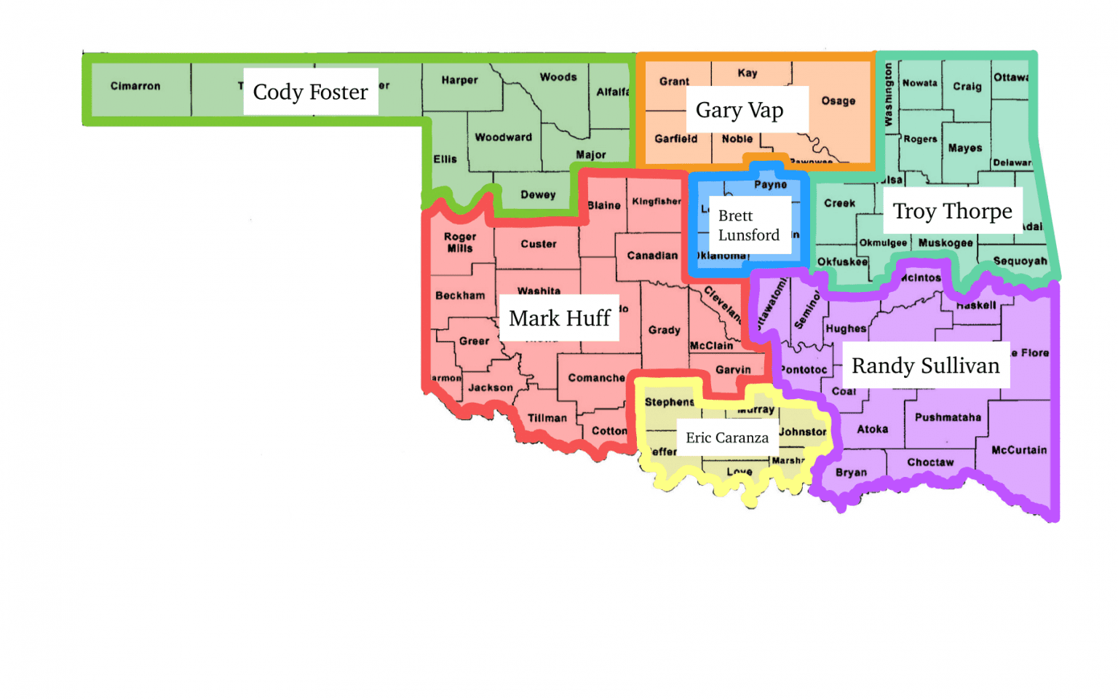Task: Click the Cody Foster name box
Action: [x=311, y=92]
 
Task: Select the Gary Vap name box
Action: [x=740, y=110]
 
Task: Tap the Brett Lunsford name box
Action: [x=749, y=226]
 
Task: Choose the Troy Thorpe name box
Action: [x=952, y=211]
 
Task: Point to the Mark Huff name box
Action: [x=559, y=318]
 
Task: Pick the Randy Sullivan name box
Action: [x=925, y=366]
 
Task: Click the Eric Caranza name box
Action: [x=726, y=438]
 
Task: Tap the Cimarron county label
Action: [x=135, y=86]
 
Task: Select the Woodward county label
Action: [x=504, y=137]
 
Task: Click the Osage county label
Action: [x=838, y=101]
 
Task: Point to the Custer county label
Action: [x=539, y=244]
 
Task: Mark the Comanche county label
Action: [x=596, y=378]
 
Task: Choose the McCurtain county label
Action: [x=1019, y=450]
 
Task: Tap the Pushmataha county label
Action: [x=948, y=417]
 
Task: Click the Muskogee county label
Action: [x=945, y=243]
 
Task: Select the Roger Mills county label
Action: [x=460, y=242]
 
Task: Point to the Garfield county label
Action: [x=675, y=138]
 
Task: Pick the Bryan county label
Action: [x=851, y=473]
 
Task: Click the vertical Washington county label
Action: [x=889, y=95]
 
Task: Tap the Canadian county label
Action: [x=652, y=256]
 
